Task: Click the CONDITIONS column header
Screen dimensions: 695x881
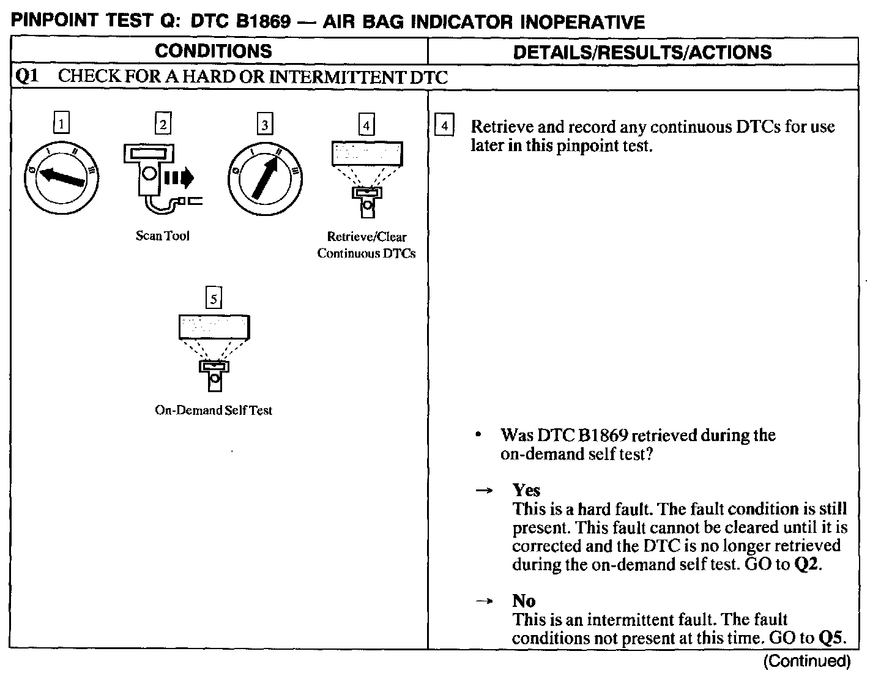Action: tap(214, 51)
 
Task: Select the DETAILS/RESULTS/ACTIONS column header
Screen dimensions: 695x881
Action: tap(642, 52)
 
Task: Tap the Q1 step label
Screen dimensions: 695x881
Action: tap(27, 77)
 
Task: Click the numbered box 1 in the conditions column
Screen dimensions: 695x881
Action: tap(61, 125)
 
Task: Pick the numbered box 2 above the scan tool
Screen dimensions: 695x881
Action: tap(163, 125)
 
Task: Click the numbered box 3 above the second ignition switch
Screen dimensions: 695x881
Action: tap(264, 125)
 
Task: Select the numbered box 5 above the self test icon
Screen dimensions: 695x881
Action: tap(214, 299)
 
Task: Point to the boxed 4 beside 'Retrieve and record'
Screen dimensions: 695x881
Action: tap(444, 127)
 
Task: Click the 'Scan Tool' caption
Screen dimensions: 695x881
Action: tap(163, 236)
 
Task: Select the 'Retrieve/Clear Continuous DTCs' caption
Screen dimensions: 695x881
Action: tap(366, 245)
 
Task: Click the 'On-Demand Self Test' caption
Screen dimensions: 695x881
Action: tap(214, 411)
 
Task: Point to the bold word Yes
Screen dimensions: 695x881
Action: tap(527, 490)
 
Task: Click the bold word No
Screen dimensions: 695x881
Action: tap(524, 601)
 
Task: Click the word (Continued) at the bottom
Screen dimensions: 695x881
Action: tap(807, 661)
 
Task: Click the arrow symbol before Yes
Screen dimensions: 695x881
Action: tap(485, 491)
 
